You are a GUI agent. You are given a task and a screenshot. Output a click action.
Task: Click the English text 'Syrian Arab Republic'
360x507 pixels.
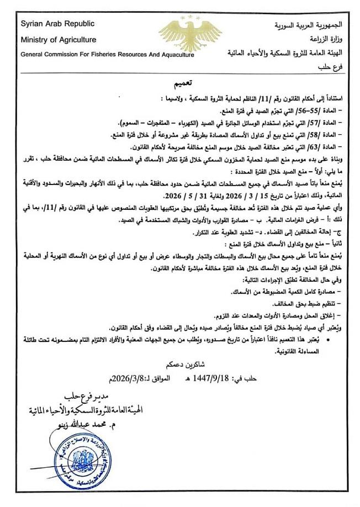click(57, 24)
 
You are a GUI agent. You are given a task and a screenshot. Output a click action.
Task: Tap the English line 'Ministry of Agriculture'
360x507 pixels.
click(59, 40)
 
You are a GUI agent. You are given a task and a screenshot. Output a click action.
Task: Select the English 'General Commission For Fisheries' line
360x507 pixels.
click(108, 55)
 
